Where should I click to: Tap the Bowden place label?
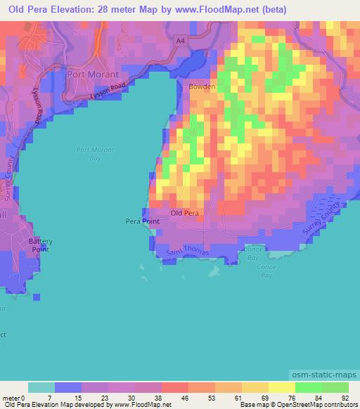201,87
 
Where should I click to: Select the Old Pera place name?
186,213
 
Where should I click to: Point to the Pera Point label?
142,221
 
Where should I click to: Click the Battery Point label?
40,245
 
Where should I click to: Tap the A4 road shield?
181,41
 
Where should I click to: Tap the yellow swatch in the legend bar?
282,387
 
